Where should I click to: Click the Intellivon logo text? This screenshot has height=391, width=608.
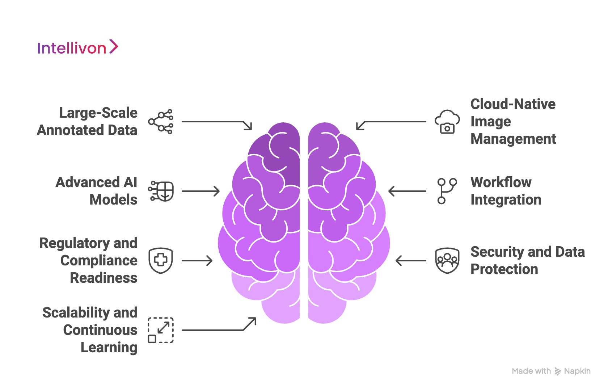[72, 48]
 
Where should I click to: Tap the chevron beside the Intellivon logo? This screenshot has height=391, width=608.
[113, 47]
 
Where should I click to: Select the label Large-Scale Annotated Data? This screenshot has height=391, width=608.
[87, 121]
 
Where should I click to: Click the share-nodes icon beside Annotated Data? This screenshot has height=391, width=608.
[161, 122]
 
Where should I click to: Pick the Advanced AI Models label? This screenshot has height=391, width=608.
[97, 191]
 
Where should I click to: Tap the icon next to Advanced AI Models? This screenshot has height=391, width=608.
[161, 191]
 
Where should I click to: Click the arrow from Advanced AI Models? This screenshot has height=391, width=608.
[200, 191]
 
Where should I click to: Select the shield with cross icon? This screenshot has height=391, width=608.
[161, 260]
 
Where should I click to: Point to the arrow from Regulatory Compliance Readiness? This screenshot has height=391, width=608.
[197, 261]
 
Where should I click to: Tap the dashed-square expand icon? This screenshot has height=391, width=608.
[161, 330]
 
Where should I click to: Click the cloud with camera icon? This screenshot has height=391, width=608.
[447, 122]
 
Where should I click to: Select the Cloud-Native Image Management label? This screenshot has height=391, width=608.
[513, 121]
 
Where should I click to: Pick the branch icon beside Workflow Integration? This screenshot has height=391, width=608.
[447, 191]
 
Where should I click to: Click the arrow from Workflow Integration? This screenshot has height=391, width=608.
[407, 191]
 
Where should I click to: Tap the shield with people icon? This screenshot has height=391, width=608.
[447, 260]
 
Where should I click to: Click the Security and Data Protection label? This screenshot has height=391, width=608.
[527, 260]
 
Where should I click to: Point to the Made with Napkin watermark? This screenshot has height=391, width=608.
[551, 371]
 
